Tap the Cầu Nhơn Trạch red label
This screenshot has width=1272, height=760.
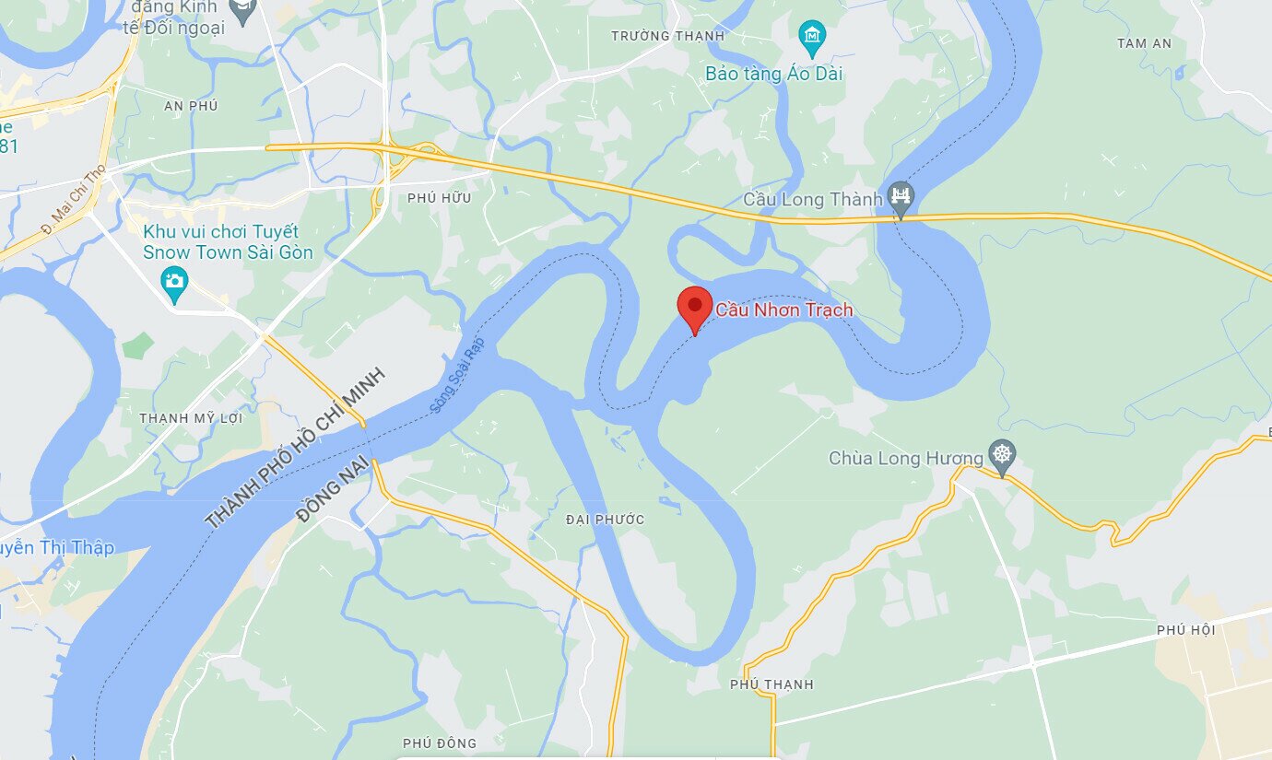coord(783,310)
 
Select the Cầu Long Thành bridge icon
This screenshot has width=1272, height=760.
coord(901,196)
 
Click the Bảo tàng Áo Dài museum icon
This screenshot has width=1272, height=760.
coord(811,37)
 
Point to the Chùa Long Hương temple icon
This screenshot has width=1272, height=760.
coord(1001,454)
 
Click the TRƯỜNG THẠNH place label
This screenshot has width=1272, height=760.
coord(668,36)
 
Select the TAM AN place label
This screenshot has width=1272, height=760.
coord(1144,43)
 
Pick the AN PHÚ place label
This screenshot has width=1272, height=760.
coord(191,106)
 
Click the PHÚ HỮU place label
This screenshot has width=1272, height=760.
coord(439,198)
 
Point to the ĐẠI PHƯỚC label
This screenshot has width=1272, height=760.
coord(605,520)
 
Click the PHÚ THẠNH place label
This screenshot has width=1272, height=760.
coord(771,684)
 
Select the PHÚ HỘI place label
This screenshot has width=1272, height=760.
coord(1185,630)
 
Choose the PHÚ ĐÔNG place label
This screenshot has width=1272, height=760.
coord(440,743)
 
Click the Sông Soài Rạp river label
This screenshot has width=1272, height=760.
coord(456,374)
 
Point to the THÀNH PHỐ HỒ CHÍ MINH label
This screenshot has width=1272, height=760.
coord(294,448)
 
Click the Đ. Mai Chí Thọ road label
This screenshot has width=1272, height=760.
coord(74,199)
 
